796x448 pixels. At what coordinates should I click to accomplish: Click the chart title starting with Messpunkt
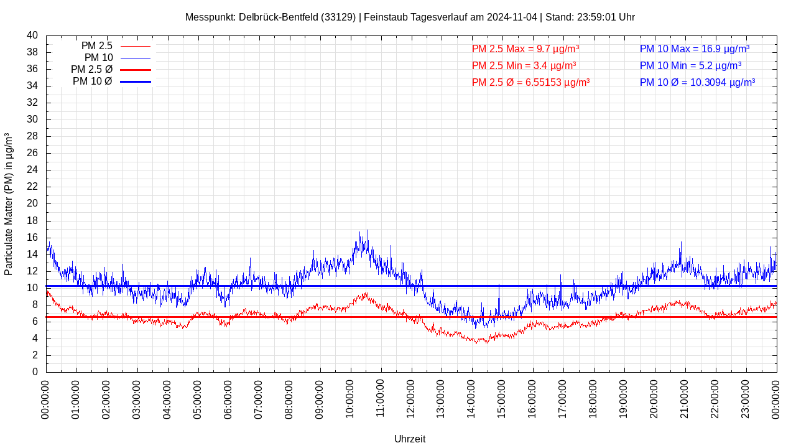(410, 17)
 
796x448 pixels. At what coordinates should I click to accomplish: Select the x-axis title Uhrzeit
(410, 439)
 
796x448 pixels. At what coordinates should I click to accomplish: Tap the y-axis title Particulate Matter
(9, 203)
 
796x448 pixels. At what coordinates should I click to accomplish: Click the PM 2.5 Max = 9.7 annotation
(525, 49)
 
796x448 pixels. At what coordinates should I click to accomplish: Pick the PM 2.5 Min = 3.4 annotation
(524, 65)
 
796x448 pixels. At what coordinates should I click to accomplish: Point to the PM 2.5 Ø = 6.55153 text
(530, 82)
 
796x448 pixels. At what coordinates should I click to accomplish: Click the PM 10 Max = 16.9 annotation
(694, 49)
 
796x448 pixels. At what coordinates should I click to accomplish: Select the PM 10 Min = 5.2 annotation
(690, 65)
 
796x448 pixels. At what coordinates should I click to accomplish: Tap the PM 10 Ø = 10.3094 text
(697, 82)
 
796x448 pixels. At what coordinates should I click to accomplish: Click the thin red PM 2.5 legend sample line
(135, 46)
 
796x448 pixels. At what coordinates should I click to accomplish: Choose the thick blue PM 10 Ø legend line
(135, 82)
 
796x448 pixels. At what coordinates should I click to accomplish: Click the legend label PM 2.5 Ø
(91, 70)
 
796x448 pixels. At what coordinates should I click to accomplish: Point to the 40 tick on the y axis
(32, 35)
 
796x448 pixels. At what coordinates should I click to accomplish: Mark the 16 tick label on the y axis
(32, 238)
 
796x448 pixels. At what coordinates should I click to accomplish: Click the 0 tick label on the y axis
(35, 372)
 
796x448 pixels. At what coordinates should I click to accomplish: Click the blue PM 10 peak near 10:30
(368, 231)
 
